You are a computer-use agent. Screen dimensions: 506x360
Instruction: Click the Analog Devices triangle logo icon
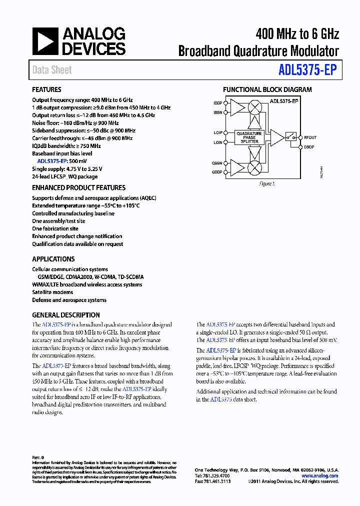[x=45, y=41]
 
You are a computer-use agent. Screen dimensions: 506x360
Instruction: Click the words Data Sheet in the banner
[x=52, y=70]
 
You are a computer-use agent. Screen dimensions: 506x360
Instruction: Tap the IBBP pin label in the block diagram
[x=218, y=103]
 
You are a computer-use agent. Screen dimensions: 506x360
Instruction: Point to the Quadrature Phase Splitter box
[x=248, y=137]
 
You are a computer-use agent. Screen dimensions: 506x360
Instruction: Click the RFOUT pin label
[x=310, y=137]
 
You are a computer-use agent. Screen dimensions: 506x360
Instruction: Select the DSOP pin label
[x=308, y=147]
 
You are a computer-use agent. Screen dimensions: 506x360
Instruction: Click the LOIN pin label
[x=218, y=142]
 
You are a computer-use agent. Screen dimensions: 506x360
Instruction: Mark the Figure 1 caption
[x=267, y=184]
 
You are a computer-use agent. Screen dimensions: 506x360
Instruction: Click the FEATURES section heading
[x=46, y=90]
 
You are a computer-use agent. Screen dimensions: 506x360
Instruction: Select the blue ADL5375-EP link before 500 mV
[x=52, y=161]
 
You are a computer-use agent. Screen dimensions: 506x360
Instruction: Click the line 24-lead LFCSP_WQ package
[x=65, y=176]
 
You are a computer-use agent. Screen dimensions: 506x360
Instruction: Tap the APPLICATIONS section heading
[x=53, y=259]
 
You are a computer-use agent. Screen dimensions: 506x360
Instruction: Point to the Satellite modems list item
[x=52, y=292]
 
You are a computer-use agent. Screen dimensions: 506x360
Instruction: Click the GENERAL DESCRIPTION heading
[x=66, y=315]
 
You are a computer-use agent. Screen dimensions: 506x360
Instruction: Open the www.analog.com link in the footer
[x=320, y=476]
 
